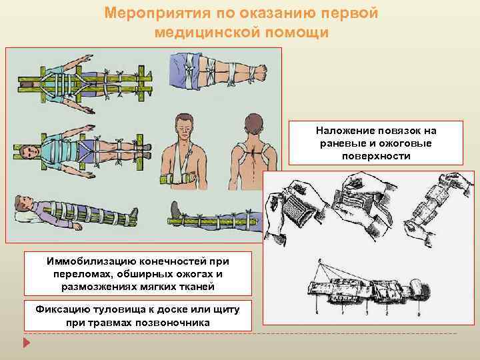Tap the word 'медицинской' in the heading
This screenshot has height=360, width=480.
tap(200, 31)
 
